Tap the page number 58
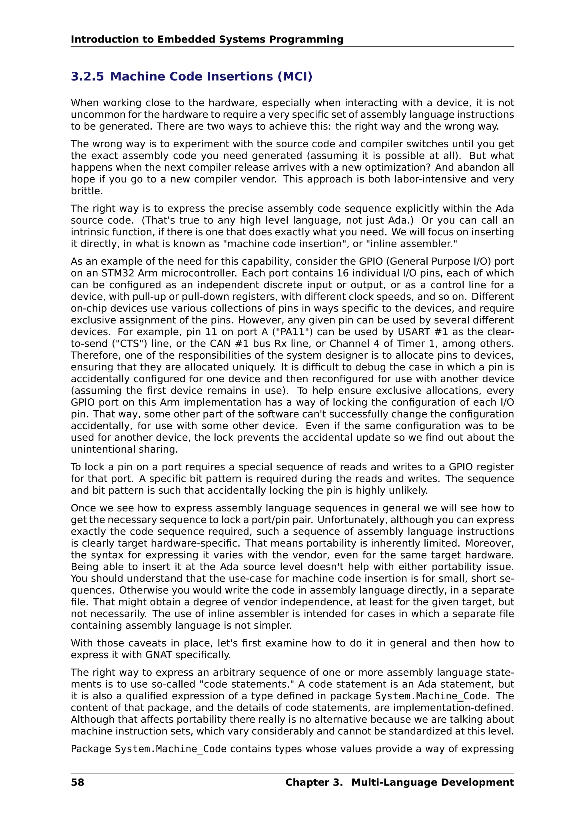77,782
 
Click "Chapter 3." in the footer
314,782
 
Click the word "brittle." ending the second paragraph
87,191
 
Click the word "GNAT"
159,655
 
